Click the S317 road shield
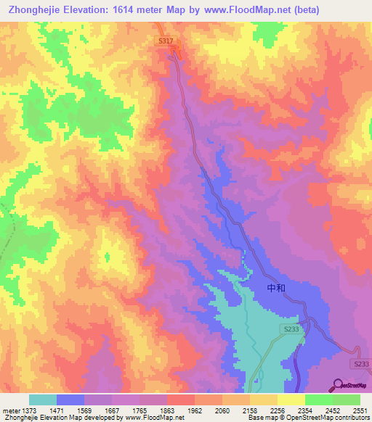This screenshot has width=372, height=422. (x=166, y=42)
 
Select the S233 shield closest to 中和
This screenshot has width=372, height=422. (x=291, y=329)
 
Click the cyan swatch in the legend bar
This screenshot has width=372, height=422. (x=43, y=400)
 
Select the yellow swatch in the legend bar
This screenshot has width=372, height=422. (x=291, y=400)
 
